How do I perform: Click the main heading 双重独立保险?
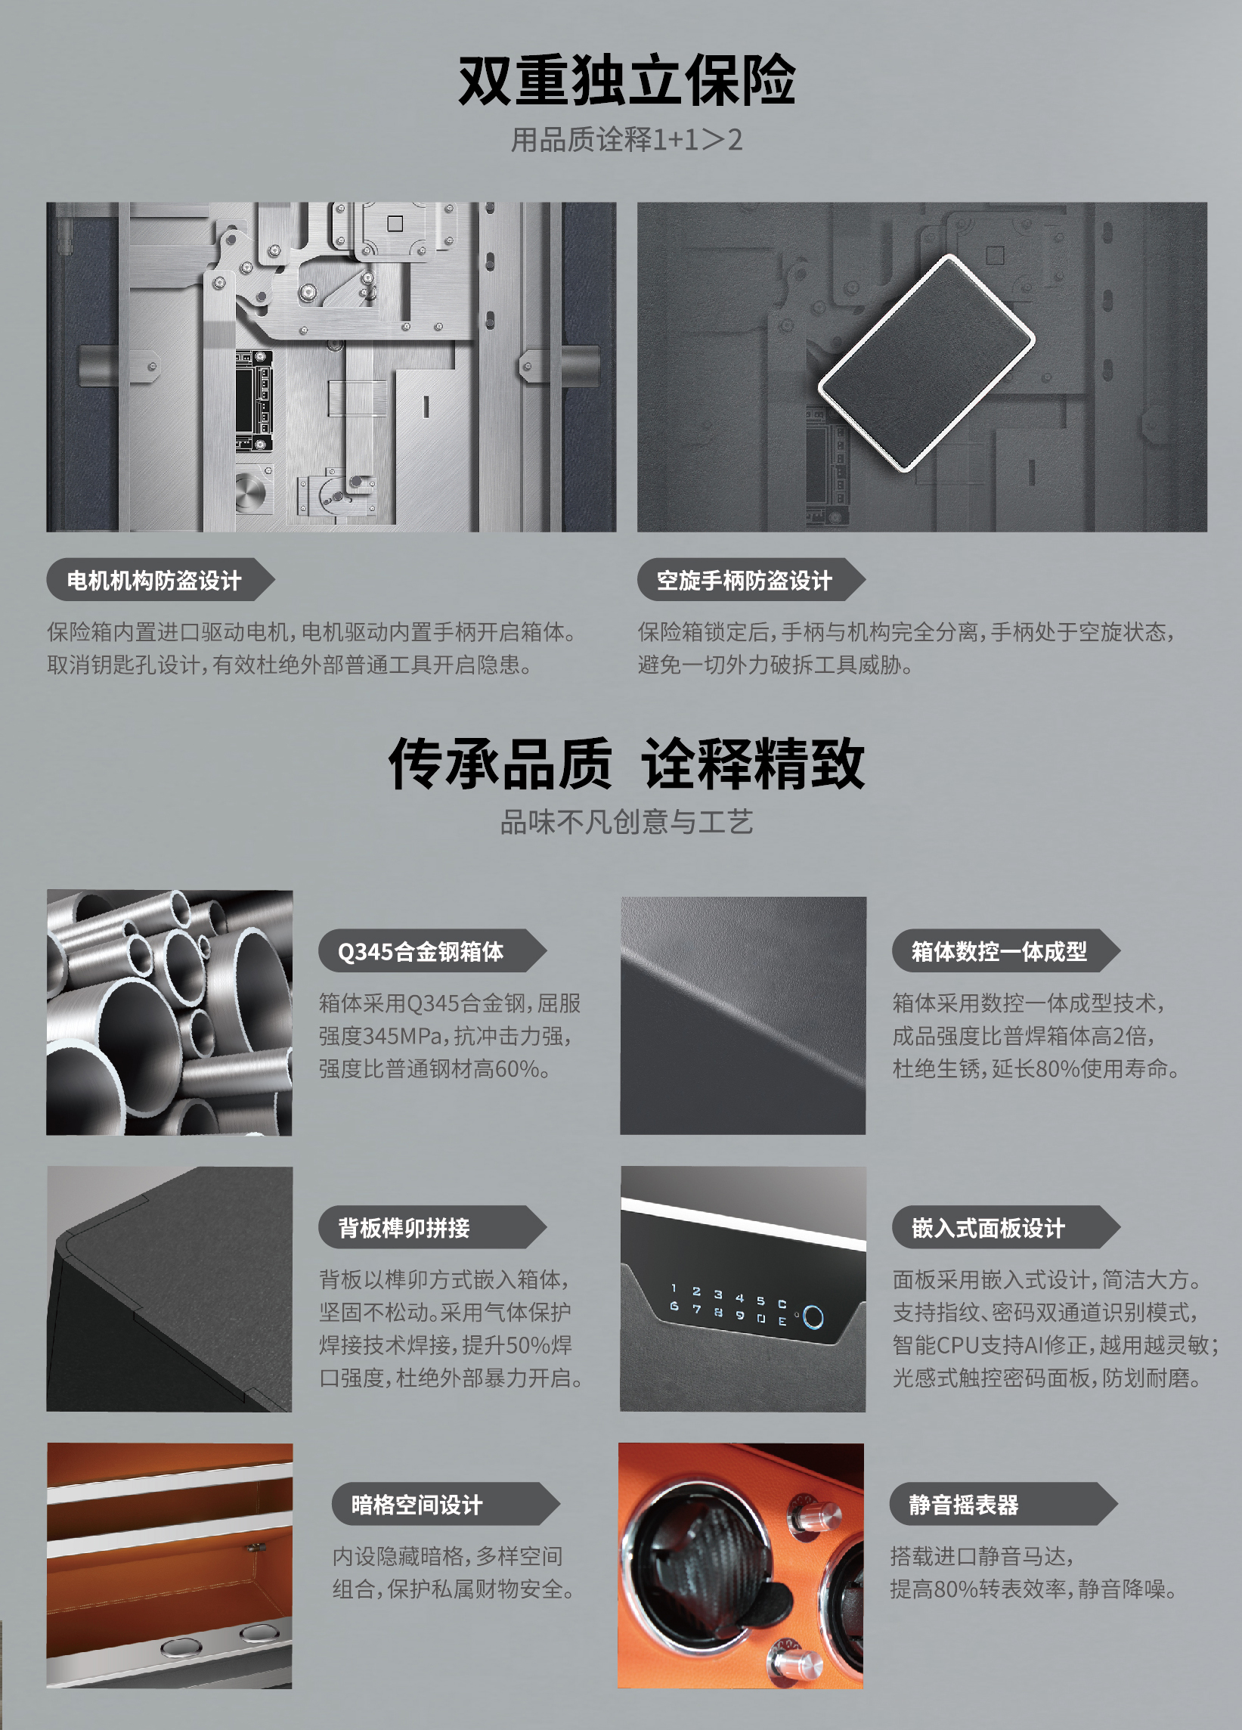(x=626, y=81)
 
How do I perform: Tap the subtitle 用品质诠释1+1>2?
(x=626, y=141)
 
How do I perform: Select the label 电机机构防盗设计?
(x=154, y=581)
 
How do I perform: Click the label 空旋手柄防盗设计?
(x=744, y=581)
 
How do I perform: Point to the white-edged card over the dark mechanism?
(x=926, y=362)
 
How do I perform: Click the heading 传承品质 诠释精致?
(x=626, y=764)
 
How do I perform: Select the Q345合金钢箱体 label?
(x=421, y=951)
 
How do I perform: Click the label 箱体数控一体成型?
(x=999, y=951)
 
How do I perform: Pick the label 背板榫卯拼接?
(x=404, y=1228)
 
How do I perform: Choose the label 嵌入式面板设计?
(x=988, y=1228)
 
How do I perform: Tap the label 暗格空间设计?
(x=417, y=1505)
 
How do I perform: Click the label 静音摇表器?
(x=964, y=1505)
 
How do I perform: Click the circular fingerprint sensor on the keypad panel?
(x=813, y=1317)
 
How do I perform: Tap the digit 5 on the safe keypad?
(x=760, y=1300)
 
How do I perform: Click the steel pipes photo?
(x=169, y=1012)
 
